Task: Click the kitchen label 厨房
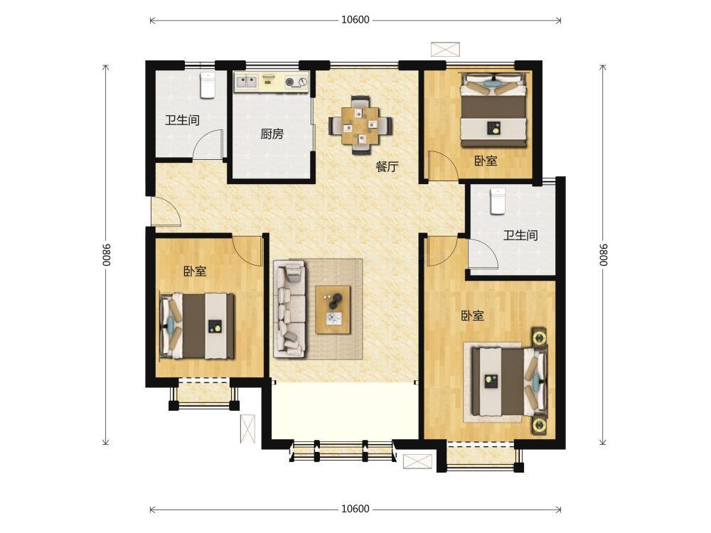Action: click(272, 134)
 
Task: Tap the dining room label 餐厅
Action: click(387, 166)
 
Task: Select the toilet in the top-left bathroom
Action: click(208, 85)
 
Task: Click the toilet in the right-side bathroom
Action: click(498, 201)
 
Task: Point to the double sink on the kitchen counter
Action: click(246, 82)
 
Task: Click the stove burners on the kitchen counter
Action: click(295, 82)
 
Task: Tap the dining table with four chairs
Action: click(360, 125)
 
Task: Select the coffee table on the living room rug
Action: click(333, 310)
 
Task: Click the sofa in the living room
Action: click(289, 308)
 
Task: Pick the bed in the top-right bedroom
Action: click(494, 109)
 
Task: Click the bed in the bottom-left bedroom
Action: click(197, 326)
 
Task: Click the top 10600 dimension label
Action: click(355, 19)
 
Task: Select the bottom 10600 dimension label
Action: click(355, 509)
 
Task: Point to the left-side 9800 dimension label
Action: click(106, 255)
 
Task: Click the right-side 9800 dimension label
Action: click(603, 255)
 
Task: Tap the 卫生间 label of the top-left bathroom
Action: click(182, 120)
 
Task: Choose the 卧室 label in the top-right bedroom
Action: click(486, 161)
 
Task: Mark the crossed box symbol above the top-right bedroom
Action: click(445, 50)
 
